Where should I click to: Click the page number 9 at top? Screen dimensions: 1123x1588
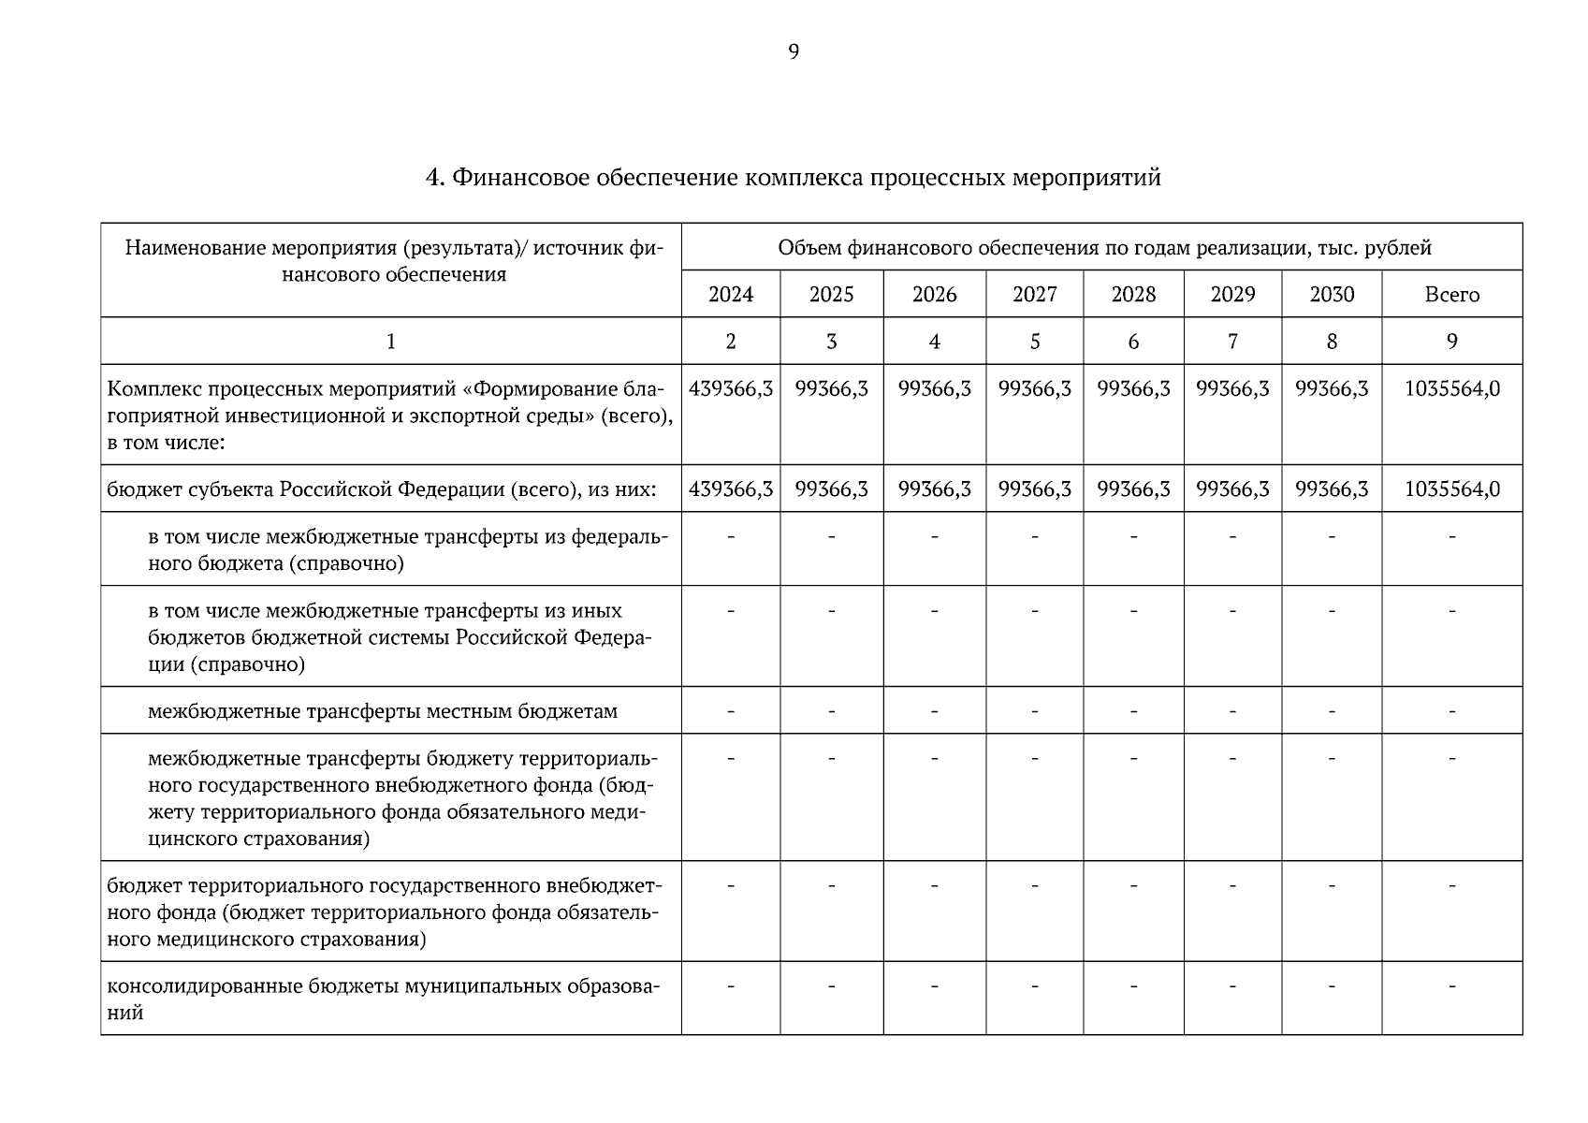pyautogui.click(x=794, y=52)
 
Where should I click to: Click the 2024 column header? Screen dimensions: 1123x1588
pyautogui.click(x=731, y=295)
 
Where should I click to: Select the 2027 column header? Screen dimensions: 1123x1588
pyautogui.click(x=1034, y=295)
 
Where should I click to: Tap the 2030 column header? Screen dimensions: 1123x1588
pyautogui.click(x=1332, y=295)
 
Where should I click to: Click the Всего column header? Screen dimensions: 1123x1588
pyautogui.click(x=1451, y=295)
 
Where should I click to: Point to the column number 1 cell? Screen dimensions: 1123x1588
pyautogui.click(x=391, y=342)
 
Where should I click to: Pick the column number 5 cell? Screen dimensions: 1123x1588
pyautogui.click(x=1034, y=342)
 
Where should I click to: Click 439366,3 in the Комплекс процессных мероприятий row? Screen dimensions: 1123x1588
pyautogui.click(x=731, y=388)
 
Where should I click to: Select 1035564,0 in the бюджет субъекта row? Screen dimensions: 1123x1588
pyautogui.click(x=1451, y=489)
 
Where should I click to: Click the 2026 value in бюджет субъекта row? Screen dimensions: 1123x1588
pyautogui.click(x=934, y=489)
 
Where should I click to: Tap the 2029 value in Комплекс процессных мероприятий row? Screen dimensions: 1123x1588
pyautogui.click(x=1232, y=388)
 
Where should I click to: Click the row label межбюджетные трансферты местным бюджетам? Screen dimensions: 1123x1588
pyautogui.click(x=382, y=711)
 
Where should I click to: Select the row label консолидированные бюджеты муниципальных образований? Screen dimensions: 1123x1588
pyautogui.click(x=384, y=999)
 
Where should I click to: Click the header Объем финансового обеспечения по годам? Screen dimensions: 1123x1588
pyautogui.click(x=1104, y=248)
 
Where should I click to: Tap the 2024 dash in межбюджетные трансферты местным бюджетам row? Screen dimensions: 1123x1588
pyautogui.click(x=731, y=711)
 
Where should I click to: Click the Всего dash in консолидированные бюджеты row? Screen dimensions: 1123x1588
pyautogui.click(x=1451, y=985)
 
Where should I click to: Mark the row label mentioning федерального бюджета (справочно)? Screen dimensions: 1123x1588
pyautogui.click(x=407, y=550)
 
